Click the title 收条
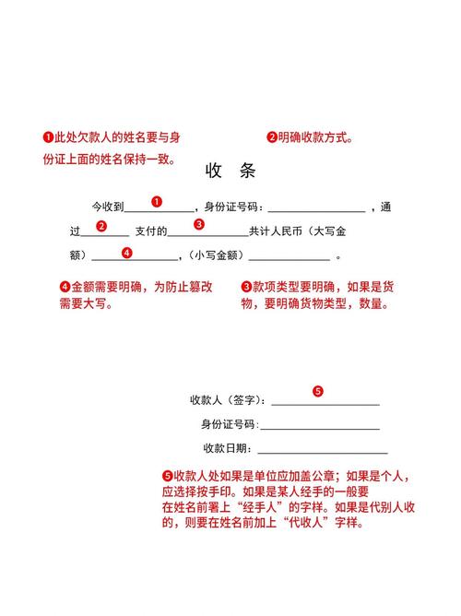pos(230,172)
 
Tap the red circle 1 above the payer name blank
pos(157,201)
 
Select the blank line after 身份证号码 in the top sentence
pos(316,211)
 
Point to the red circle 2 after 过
pos(101,225)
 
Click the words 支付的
pos(151,231)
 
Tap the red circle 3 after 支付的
pos(199,224)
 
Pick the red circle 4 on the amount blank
pos(127,252)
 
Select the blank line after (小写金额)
pos(289,259)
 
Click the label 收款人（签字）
pos(228,400)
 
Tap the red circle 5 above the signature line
pos(318,391)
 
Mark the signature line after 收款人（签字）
pos(325,405)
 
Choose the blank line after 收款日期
pos(322,453)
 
